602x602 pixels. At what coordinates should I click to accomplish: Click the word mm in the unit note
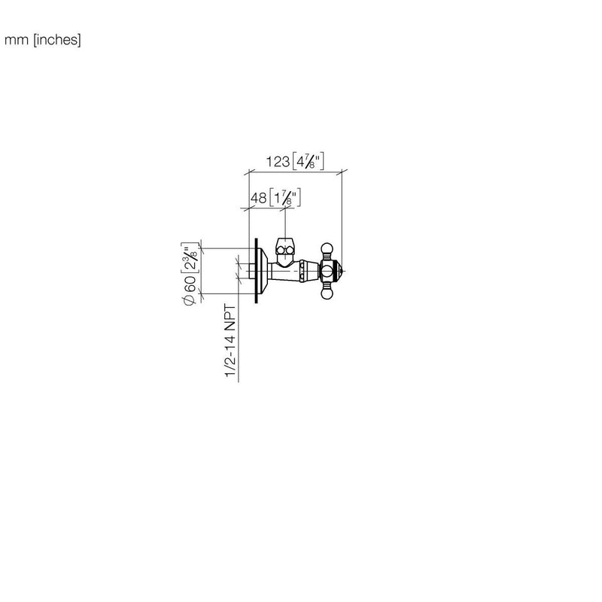tap(17, 40)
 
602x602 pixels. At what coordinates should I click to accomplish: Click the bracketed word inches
tap(57, 40)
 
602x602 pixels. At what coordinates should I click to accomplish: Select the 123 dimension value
tap(278, 162)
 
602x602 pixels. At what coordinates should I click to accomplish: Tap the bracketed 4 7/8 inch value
tap(309, 161)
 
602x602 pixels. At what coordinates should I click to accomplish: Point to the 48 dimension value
tap(258, 198)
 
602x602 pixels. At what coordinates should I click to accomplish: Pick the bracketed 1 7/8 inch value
tap(285, 198)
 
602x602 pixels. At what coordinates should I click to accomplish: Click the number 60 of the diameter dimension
tap(190, 284)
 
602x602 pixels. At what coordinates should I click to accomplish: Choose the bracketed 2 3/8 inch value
tap(190, 257)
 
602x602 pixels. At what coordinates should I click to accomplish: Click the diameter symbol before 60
tap(190, 300)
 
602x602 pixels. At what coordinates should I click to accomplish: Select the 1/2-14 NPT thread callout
tap(230, 341)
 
